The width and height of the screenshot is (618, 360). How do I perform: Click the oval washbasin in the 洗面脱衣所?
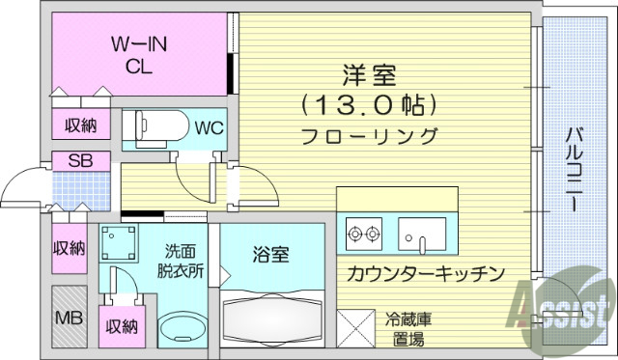(183, 329)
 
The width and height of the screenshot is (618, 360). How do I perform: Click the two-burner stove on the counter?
(363, 233)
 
